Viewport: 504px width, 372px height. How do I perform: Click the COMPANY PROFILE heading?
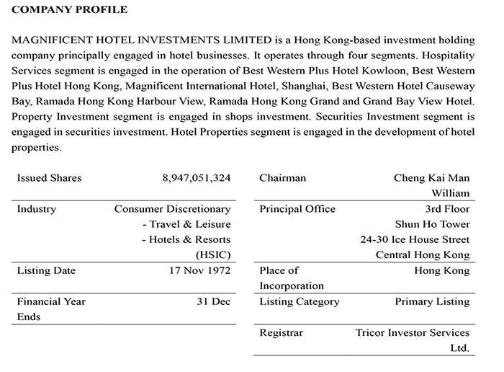pos(69,10)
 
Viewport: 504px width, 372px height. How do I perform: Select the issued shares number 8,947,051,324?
pos(197,178)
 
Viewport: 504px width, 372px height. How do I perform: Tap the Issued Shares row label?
pos(49,178)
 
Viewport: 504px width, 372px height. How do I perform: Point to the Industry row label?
pos(37,209)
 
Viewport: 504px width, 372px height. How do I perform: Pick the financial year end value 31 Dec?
pos(214,301)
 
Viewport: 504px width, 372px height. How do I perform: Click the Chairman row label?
pos(282,178)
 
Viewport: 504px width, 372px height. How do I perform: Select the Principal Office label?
pos(297,209)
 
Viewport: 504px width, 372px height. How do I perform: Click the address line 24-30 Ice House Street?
pos(415,239)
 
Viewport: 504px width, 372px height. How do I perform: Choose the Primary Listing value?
pos(432,301)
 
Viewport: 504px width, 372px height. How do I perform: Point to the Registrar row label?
pos(282,333)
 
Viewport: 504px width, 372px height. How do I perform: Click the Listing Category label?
pos(299,301)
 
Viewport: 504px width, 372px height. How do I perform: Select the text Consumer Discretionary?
pos(173,209)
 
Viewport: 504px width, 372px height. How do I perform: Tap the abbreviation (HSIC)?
pos(213,254)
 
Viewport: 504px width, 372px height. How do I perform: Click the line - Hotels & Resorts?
pos(186,239)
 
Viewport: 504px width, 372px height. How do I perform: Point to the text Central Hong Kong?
pos(423,254)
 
